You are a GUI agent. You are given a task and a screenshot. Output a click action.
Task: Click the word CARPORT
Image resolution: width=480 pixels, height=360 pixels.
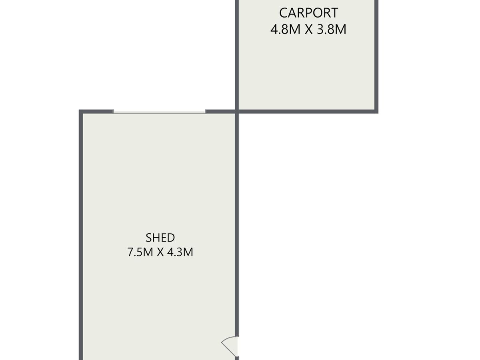click(x=308, y=13)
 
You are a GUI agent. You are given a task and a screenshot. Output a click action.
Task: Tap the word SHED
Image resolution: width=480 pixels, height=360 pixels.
click(x=160, y=238)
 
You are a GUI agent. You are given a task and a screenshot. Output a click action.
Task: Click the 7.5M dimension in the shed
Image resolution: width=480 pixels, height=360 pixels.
click(x=140, y=252)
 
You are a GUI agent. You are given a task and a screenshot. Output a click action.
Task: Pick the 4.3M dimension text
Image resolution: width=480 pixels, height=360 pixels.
click(x=180, y=252)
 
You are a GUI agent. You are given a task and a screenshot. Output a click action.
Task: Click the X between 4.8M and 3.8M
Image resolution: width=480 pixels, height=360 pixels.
click(x=308, y=29)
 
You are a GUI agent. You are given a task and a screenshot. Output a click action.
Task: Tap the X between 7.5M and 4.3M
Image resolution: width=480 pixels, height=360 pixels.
click(x=160, y=252)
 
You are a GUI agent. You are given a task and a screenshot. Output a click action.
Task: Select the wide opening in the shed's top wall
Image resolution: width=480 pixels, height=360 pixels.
click(x=160, y=112)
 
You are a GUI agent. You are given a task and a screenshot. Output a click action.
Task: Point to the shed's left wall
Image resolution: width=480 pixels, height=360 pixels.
click(x=81, y=235)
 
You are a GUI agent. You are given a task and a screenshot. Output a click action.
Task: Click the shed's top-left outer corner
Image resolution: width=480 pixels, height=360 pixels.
click(x=79, y=110)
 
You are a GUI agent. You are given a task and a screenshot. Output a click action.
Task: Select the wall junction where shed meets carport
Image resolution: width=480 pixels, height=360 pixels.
click(x=237, y=112)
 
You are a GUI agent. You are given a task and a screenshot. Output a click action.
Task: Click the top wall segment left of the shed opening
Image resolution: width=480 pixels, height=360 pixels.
click(x=96, y=112)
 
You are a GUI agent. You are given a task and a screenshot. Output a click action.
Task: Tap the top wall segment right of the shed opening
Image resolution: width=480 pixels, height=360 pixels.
click(x=220, y=112)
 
